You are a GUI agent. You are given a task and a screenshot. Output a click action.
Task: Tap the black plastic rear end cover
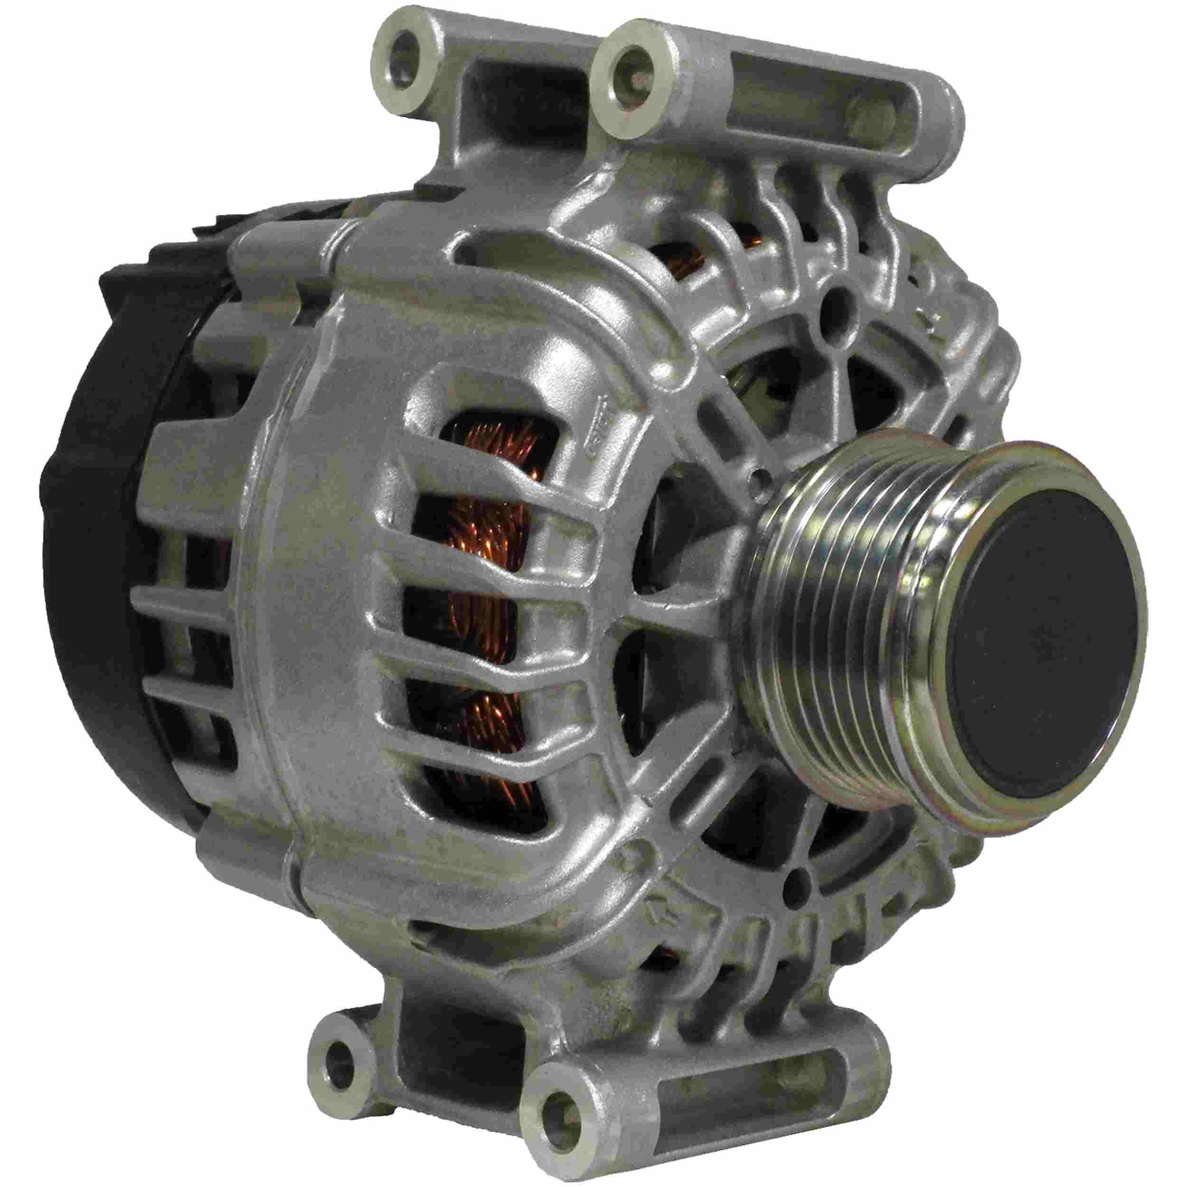pos(92,614)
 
